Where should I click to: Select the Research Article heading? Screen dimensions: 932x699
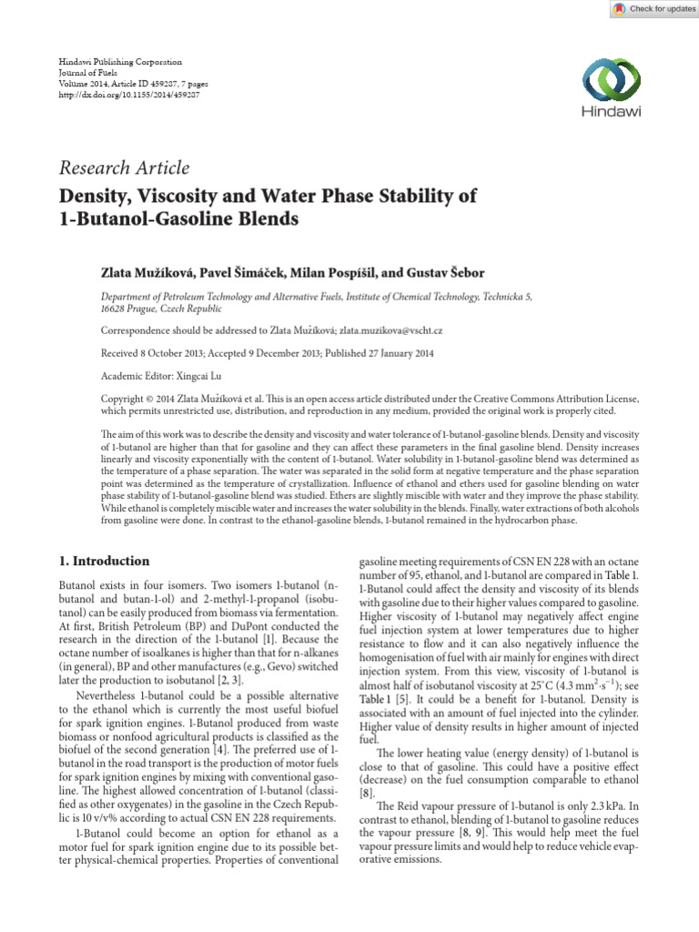point(124,167)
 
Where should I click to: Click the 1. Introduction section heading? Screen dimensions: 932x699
point(104,561)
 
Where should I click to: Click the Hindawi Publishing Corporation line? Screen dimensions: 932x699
point(120,61)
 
